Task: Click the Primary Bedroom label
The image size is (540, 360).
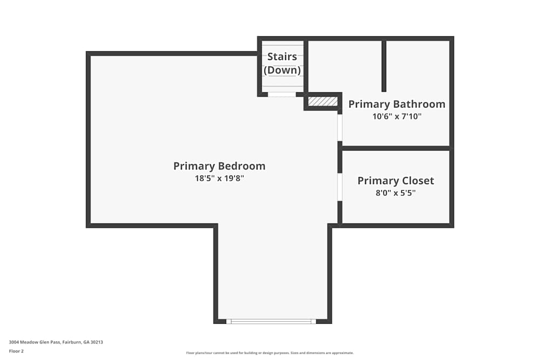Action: pyautogui.click(x=219, y=166)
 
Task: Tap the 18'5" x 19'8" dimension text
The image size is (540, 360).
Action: pyautogui.click(x=219, y=178)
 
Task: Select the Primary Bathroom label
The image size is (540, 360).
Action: pyautogui.click(x=397, y=104)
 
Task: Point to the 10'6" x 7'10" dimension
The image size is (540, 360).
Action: pyautogui.click(x=397, y=116)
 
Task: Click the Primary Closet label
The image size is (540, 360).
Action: pyautogui.click(x=396, y=181)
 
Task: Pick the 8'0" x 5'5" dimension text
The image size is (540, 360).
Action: pyautogui.click(x=396, y=193)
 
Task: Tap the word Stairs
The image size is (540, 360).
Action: pyautogui.click(x=282, y=57)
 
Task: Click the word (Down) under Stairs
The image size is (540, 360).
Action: pyautogui.click(x=282, y=70)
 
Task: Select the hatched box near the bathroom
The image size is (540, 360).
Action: pyautogui.click(x=323, y=101)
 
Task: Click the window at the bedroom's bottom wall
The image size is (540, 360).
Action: pyautogui.click(x=272, y=321)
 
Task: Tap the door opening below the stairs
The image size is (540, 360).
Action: pyautogui.click(x=282, y=94)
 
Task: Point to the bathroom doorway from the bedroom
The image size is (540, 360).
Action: pyautogui.click(x=340, y=127)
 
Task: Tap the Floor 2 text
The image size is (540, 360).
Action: pyautogui.click(x=16, y=351)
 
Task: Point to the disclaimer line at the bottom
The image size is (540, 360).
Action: pyautogui.click(x=270, y=353)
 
